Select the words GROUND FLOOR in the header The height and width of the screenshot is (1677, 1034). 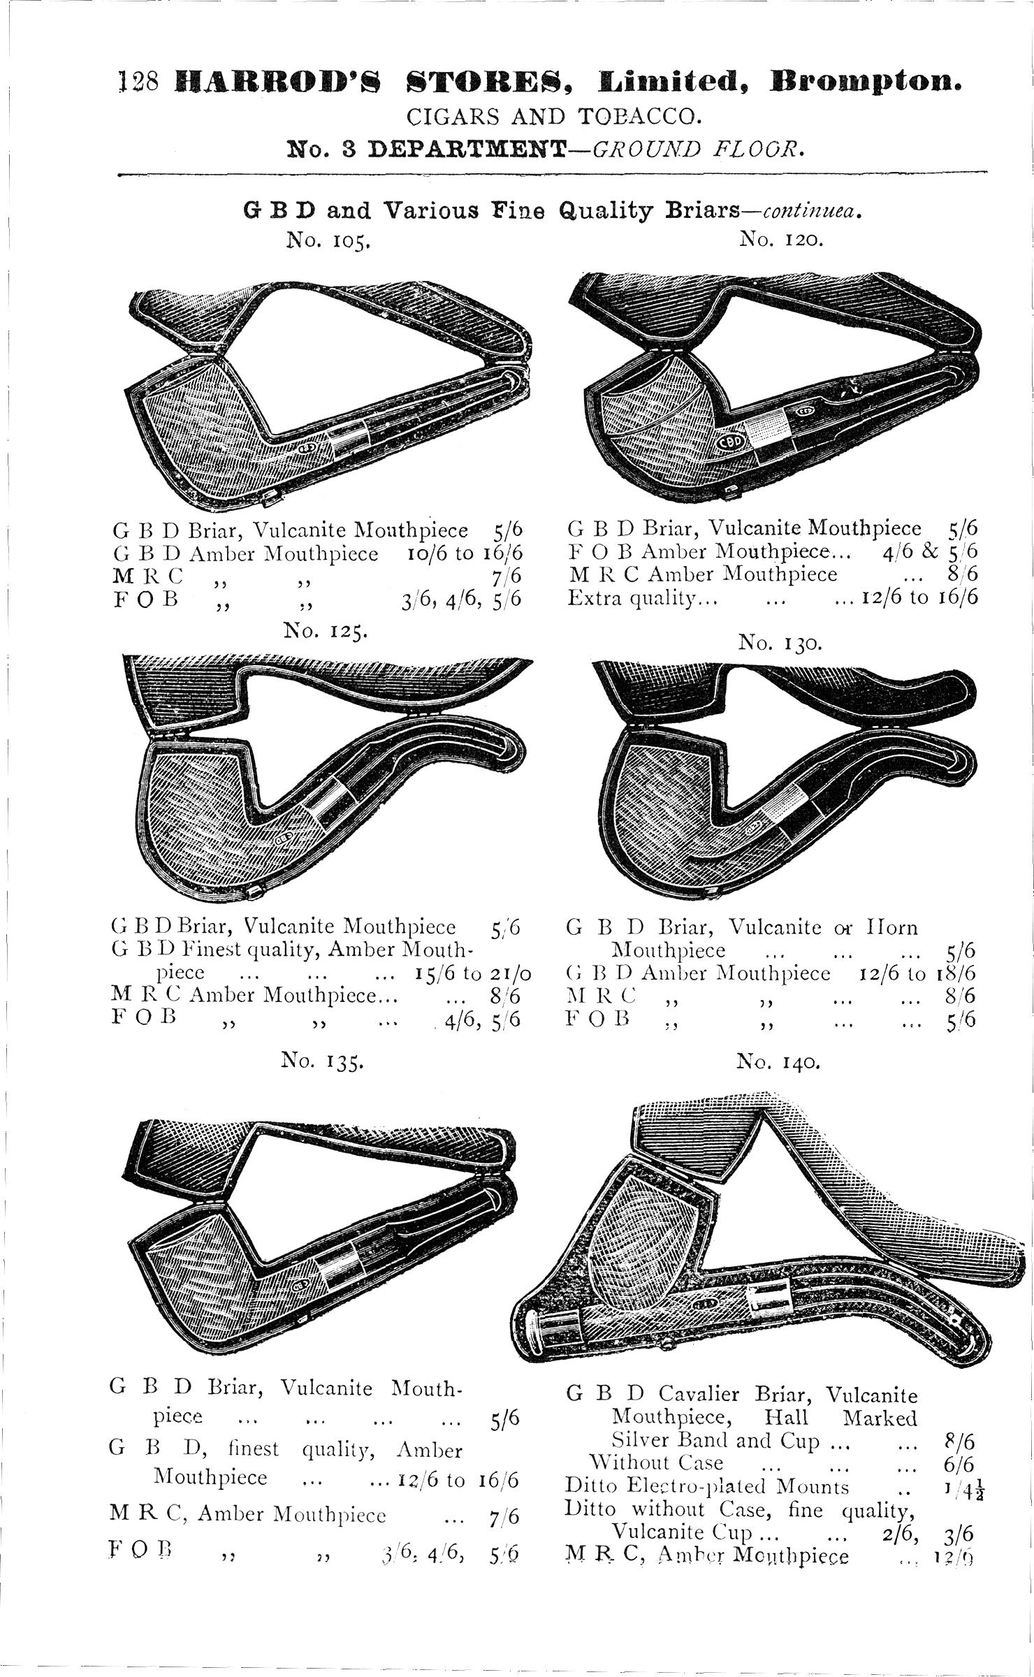tap(694, 149)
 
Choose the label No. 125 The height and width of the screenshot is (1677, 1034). tap(325, 632)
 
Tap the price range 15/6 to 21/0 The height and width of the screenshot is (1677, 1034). tap(472, 973)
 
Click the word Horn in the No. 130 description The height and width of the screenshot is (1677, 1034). tap(892, 928)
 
